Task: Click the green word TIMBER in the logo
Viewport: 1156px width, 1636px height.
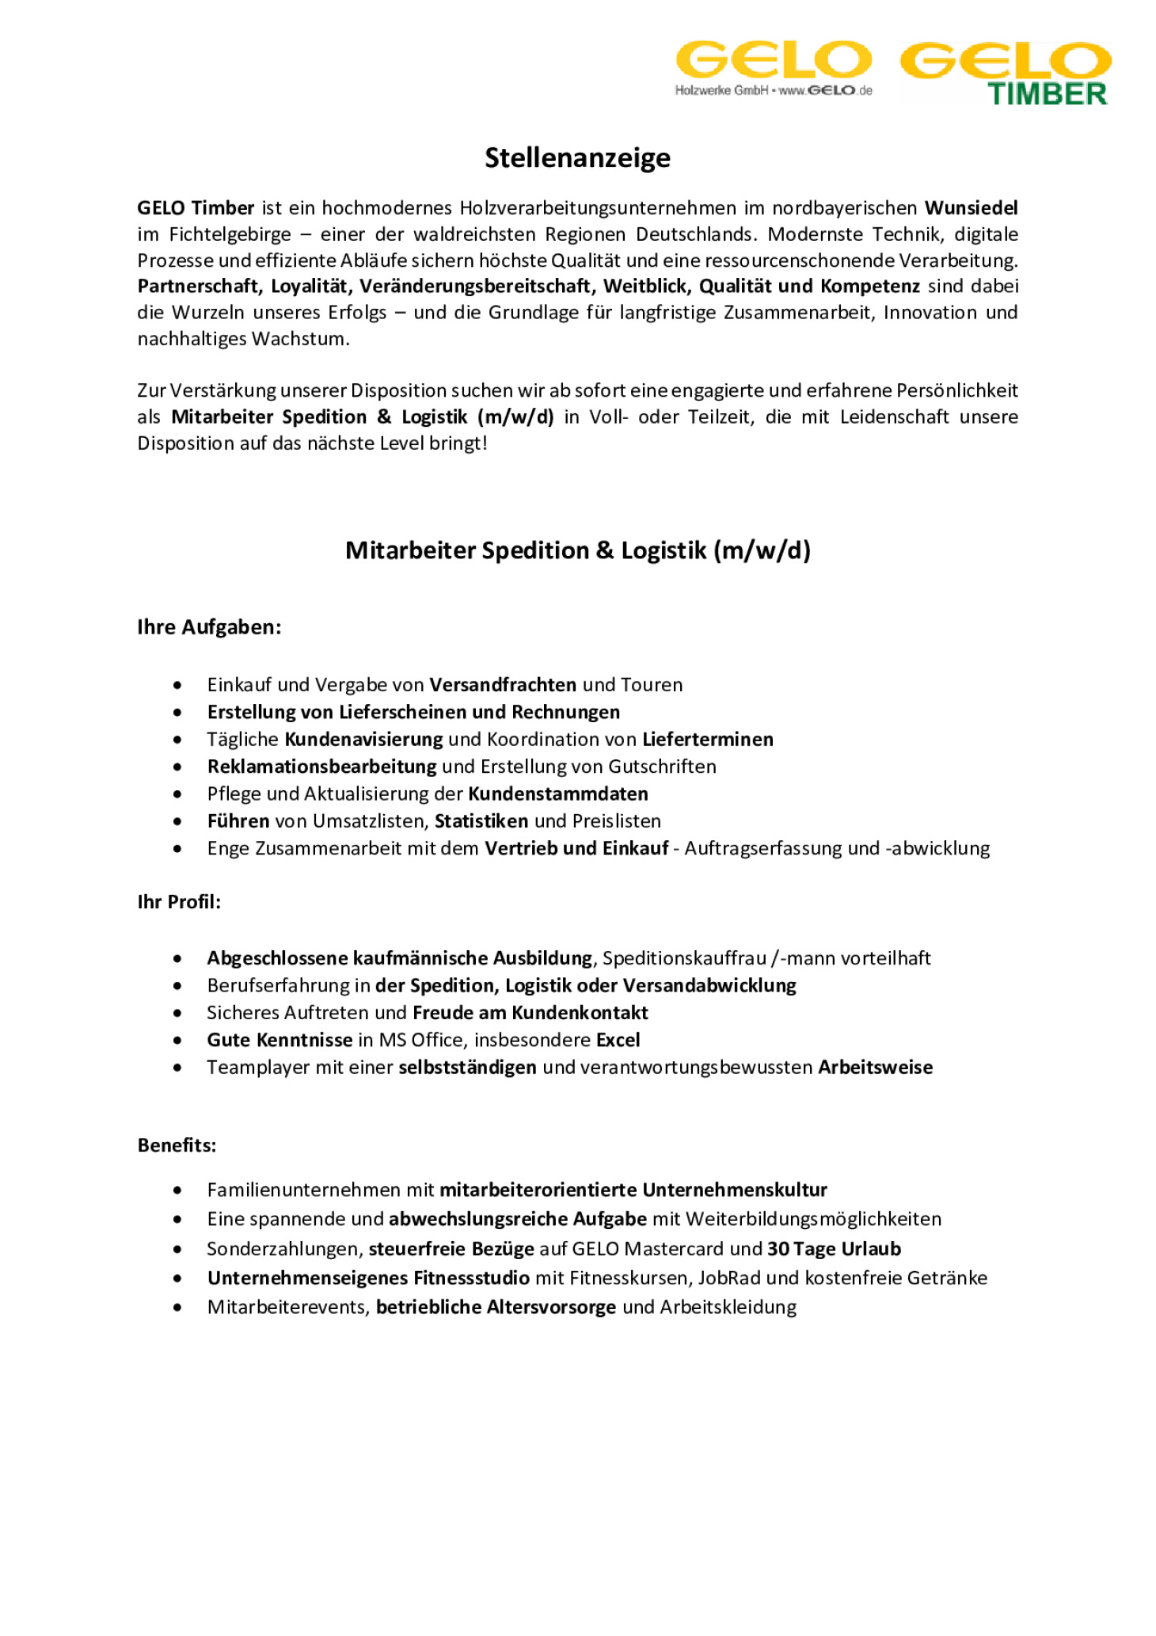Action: click(1047, 94)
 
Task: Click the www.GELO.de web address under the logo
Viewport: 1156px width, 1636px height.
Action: click(825, 91)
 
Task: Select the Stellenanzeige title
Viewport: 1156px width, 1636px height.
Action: click(577, 158)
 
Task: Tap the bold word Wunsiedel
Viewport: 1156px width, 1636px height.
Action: click(971, 208)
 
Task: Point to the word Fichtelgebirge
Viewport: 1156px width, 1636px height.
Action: click(230, 234)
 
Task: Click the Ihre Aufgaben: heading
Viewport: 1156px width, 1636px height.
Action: click(209, 627)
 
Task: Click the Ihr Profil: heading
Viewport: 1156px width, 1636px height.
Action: click(179, 902)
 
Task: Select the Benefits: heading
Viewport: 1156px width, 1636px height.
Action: click(177, 1145)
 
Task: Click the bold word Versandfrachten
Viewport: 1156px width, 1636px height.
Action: click(503, 685)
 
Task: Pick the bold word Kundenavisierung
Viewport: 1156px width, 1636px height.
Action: click(363, 740)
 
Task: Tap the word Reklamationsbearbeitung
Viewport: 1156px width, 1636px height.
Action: click(321, 767)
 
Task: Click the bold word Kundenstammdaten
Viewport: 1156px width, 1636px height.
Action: click(558, 794)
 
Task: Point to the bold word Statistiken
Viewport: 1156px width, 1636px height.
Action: click(481, 821)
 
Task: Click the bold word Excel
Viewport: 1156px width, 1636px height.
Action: click(618, 1040)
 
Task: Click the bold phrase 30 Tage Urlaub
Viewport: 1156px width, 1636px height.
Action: click(834, 1249)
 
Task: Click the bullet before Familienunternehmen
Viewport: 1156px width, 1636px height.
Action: click(177, 1190)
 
